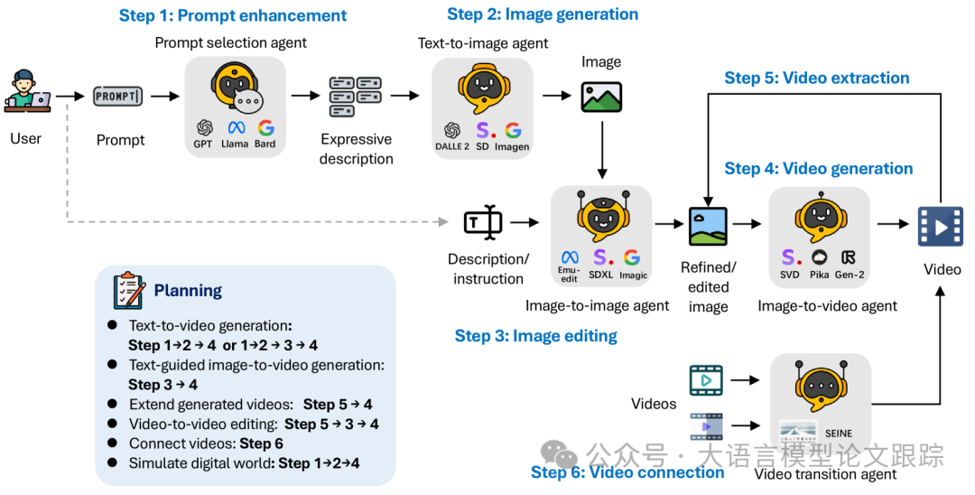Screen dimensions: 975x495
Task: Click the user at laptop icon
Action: click(27, 91)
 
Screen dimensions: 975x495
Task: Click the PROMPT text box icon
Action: click(118, 97)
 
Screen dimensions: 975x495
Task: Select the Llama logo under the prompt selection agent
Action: click(237, 128)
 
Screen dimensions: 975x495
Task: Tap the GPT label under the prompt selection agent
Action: click(203, 144)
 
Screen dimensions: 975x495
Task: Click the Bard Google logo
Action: click(266, 128)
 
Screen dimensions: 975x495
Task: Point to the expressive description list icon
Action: click(355, 97)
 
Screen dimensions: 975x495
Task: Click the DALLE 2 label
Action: click(452, 146)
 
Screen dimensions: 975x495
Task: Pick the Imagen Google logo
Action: click(513, 130)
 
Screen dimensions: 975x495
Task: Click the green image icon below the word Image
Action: click(601, 97)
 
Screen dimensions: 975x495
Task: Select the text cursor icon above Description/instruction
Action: click(483, 222)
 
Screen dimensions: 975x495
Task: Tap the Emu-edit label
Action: click(569, 275)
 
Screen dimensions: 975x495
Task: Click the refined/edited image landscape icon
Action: click(709, 227)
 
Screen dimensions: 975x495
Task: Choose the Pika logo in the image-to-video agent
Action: click(820, 257)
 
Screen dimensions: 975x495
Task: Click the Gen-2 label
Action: click(850, 275)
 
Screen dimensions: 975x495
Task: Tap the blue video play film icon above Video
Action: click(941, 227)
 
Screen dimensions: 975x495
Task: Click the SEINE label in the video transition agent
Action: click(838, 434)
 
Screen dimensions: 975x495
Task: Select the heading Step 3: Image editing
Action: click(536, 336)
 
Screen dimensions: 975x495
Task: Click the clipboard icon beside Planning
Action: click(129, 291)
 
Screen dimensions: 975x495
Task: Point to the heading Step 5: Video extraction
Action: click(816, 78)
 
